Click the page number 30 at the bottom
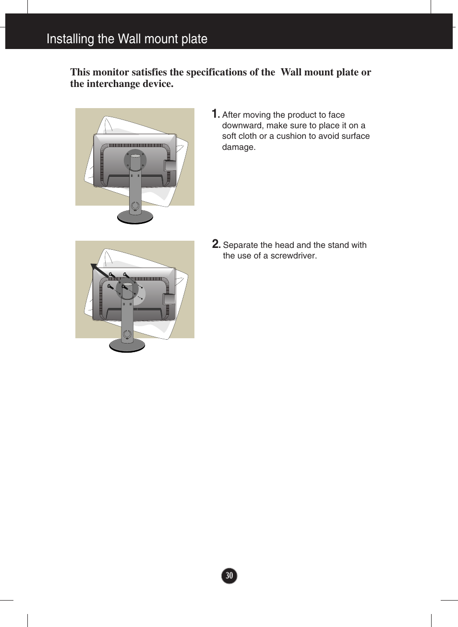[229, 576]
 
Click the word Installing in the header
[70, 38]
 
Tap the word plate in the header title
[194, 38]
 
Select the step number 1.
[215, 114]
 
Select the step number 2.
[216, 244]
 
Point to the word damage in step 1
[239, 147]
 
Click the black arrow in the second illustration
[100, 270]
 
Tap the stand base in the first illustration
[135, 218]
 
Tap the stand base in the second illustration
[127, 346]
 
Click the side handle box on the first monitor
[170, 165]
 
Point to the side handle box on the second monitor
[169, 299]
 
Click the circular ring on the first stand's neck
[135, 206]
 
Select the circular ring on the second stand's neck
[127, 334]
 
